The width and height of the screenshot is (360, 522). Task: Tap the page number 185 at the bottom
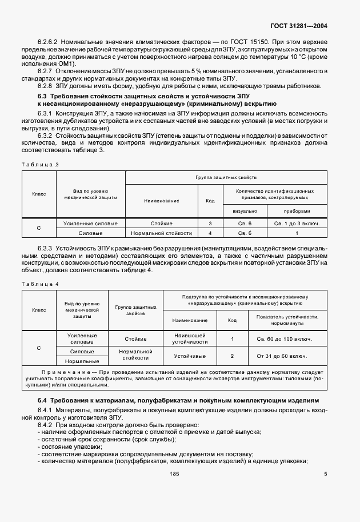pyautogui.click(x=175, y=473)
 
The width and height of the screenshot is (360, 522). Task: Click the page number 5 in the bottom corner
pyautogui.click(x=325, y=473)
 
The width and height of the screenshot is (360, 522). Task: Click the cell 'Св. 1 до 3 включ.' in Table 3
pyautogui.click(x=297, y=223)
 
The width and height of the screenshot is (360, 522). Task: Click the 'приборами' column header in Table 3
pyautogui.click(x=297, y=210)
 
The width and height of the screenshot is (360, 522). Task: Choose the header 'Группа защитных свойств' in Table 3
pyautogui.click(x=226, y=178)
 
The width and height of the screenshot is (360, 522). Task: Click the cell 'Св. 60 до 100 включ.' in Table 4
pyautogui.click(x=284, y=339)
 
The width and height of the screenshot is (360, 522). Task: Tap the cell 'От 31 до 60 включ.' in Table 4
pyautogui.click(x=284, y=356)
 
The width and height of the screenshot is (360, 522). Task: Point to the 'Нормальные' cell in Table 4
pyautogui.click(x=82, y=361)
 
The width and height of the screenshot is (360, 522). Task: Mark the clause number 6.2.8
pyautogui.click(x=46, y=86)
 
